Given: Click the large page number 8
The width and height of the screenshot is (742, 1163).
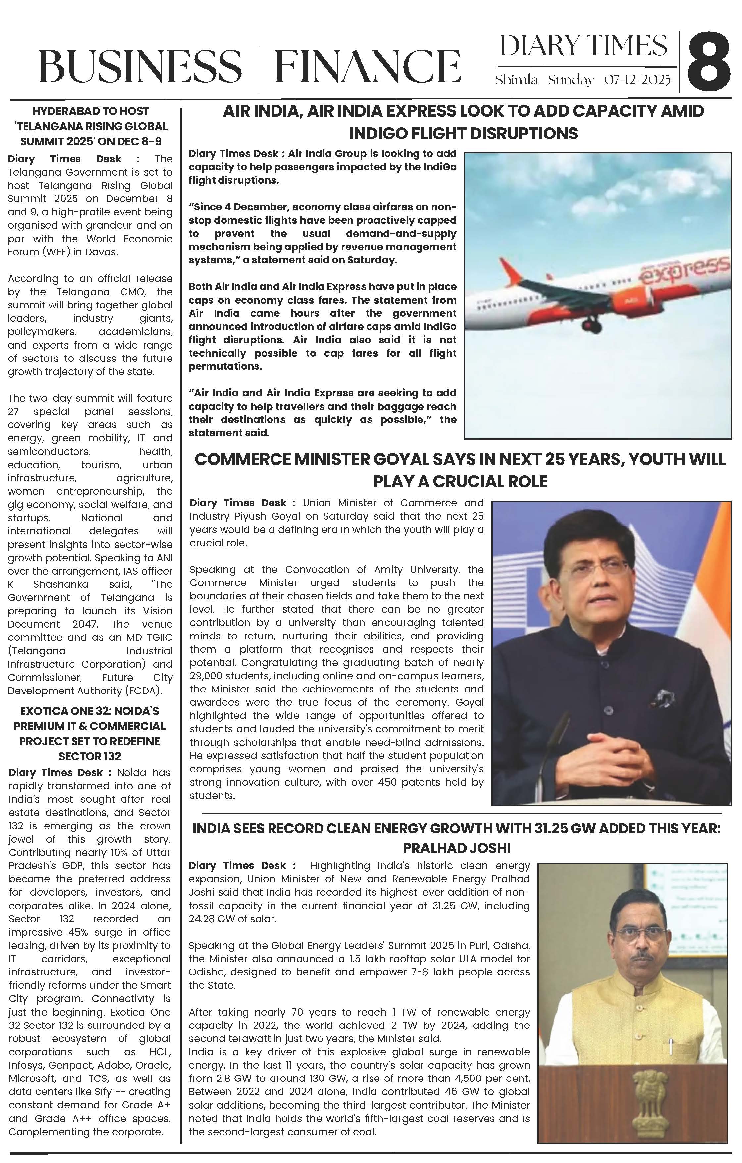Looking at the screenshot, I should tap(709, 62).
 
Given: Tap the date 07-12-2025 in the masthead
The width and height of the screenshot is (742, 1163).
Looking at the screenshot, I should tap(637, 80).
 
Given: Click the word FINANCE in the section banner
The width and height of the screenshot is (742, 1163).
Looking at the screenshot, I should tap(367, 66).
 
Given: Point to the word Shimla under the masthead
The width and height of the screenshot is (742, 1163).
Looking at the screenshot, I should tap(517, 80).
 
